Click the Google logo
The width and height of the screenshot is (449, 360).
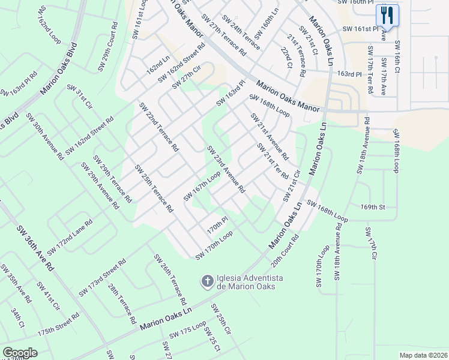coord(20,353)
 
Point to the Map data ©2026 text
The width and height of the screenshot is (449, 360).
coord(423,355)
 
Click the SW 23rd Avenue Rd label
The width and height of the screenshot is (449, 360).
coord(226,169)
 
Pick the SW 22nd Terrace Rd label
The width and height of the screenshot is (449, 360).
coord(158,127)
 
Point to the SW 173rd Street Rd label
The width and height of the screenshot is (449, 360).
coord(102,278)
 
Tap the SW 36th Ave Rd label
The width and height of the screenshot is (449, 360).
coord(35,247)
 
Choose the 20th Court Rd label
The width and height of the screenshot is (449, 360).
coord(285,250)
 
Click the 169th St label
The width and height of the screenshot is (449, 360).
coord(372,207)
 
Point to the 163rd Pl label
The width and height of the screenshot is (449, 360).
coord(350,74)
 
